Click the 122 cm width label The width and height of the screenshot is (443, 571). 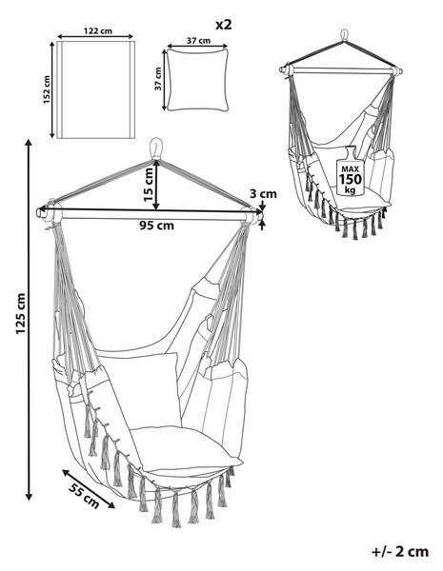[x=98, y=30]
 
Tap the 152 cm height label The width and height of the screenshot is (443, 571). [x=47, y=89]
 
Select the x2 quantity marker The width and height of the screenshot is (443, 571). [x=224, y=25]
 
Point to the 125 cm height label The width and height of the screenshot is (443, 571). [x=20, y=313]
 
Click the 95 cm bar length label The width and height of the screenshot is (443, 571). [x=157, y=226]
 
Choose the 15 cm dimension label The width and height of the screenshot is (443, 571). [x=149, y=185]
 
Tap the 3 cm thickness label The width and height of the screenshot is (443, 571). [x=263, y=194]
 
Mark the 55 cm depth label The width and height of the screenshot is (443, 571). [x=84, y=495]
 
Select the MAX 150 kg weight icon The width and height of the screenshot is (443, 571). [x=350, y=171]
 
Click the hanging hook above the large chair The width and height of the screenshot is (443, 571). [x=155, y=148]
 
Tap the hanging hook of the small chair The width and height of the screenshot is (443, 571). [x=344, y=36]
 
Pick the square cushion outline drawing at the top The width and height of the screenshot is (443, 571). [x=197, y=79]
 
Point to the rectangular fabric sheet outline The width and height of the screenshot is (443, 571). [x=96, y=89]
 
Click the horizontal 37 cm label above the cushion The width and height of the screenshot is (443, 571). [x=198, y=40]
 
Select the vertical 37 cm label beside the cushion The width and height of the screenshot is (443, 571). [x=158, y=79]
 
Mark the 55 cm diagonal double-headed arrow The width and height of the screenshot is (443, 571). [x=89, y=489]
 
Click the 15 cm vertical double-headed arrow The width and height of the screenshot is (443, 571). [x=156, y=185]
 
